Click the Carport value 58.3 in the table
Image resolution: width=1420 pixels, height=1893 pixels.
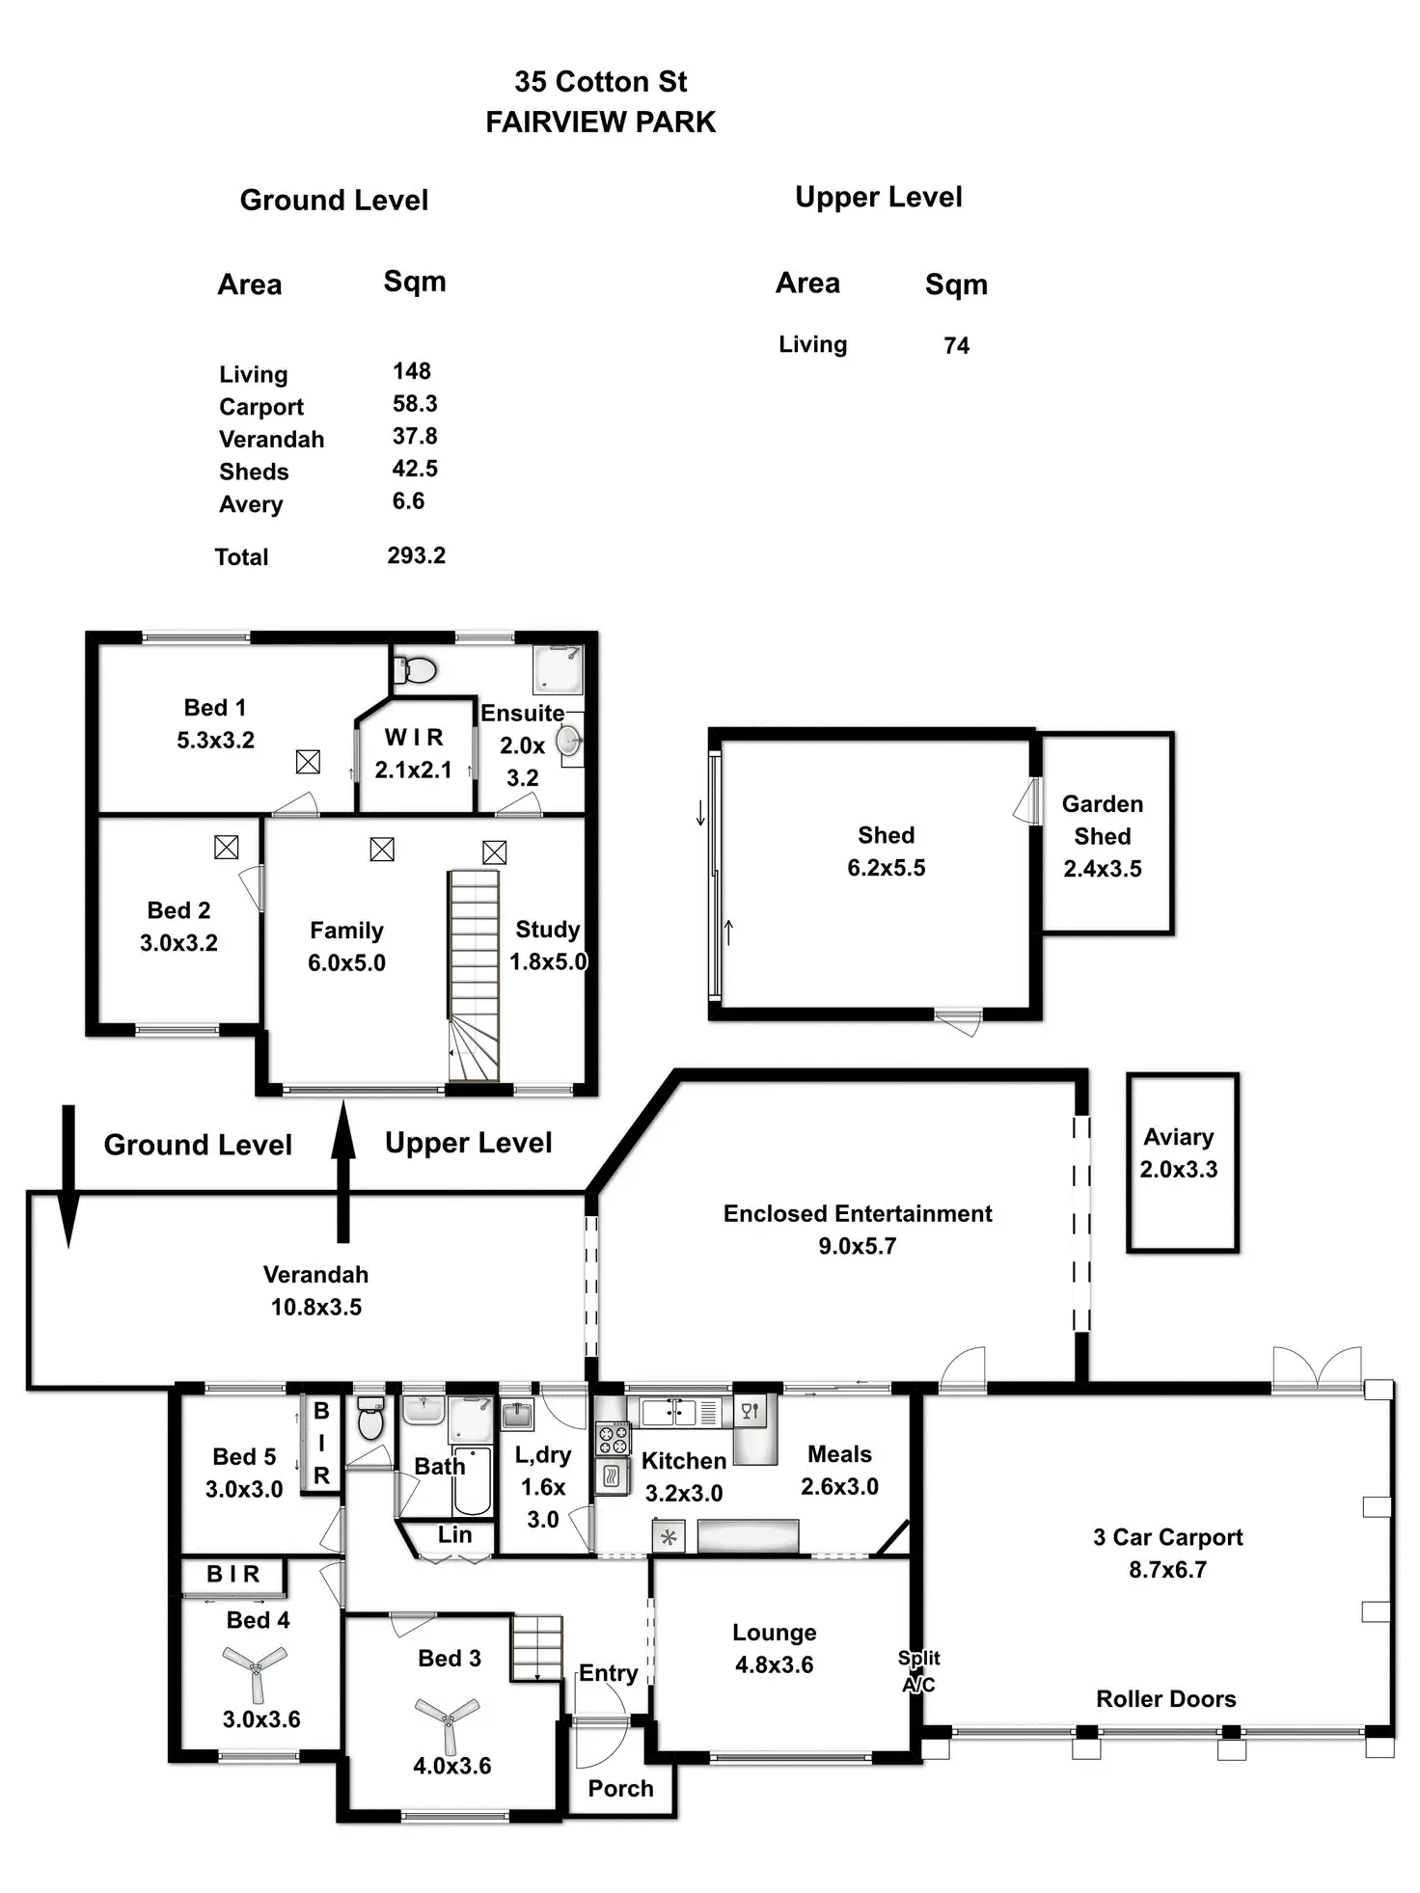(x=415, y=404)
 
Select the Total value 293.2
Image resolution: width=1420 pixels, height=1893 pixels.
(x=416, y=555)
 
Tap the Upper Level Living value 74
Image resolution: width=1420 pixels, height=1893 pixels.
(x=956, y=346)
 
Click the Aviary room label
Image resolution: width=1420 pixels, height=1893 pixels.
(x=1178, y=1137)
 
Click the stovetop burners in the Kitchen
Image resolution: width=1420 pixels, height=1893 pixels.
(x=612, y=1438)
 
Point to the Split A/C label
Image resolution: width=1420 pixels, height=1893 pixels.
(x=918, y=1670)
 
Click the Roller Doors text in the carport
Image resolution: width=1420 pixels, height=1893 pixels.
(x=1165, y=1698)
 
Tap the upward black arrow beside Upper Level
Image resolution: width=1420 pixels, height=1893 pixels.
(x=342, y=1172)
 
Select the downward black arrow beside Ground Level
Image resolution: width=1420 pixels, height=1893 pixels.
(x=68, y=1176)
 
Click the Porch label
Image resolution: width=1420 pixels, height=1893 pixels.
(x=620, y=1788)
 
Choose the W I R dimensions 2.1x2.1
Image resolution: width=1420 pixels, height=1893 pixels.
(x=413, y=770)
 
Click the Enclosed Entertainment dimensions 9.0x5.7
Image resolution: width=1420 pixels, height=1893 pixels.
(x=857, y=1246)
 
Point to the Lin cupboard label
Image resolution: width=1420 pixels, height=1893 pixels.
(x=454, y=1534)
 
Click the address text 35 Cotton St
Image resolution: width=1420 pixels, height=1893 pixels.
(x=600, y=82)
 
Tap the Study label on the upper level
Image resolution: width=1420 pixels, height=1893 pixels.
(x=547, y=929)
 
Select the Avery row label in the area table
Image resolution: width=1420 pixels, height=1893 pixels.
(x=251, y=504)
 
